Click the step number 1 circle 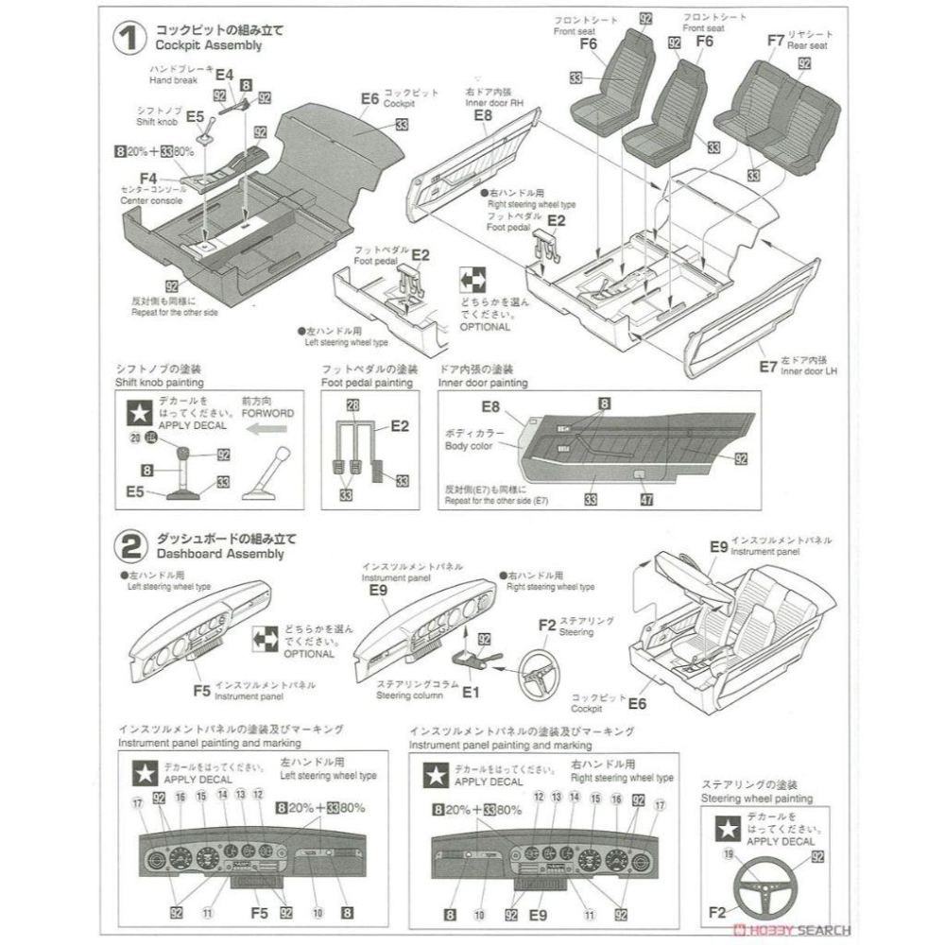pyautogui.click(x=126, y=38)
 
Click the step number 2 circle pyautogui.click(x=128, y=545)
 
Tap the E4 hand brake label pyautogui.click(x=224, y=75)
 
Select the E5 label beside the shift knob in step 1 pyautogui.click(x=195, y=116)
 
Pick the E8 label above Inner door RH pyautogui.click(x=483, y=115)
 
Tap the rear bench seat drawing pyautogui.click(x=777, y=120)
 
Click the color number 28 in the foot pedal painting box pyautogui.click(x=352, y=404)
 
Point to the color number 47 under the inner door pyautogui.click(x=646, y=500)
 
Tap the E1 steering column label pyautogui.click(x=472, y=692)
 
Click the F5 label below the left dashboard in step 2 pyautogui.click(x=201, y=690)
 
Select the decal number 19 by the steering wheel pyautogui.click(x=730, y=854)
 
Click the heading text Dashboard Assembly pyautogui.click(x=219, y=554)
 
